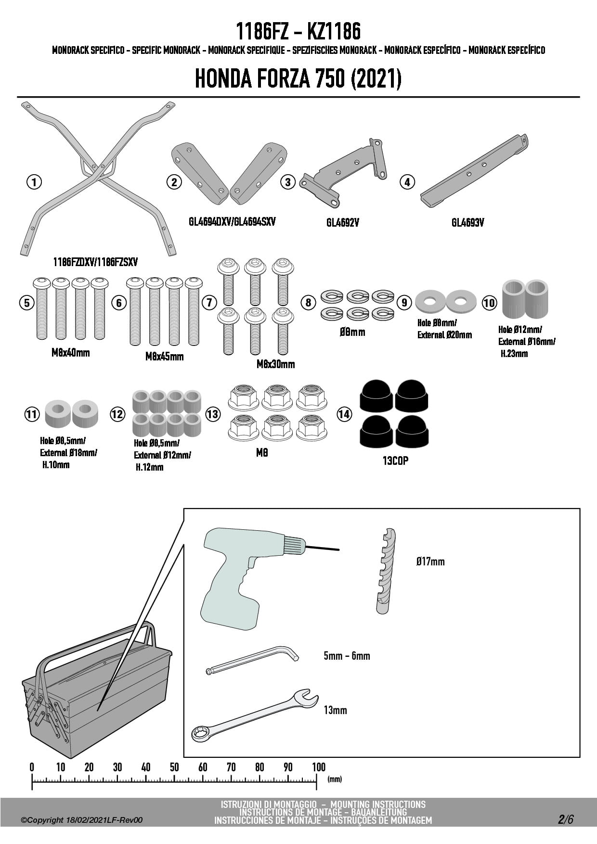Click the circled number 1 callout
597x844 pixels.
(x=34, y=182)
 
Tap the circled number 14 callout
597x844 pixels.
(x=344, y=414)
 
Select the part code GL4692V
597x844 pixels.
(x=342, y=222)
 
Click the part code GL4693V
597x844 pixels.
(x=467, y=222)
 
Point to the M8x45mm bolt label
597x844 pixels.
(x=164, y=357)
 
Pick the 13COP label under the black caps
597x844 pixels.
(x=395, y=460)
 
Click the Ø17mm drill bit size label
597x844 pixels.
(x=430, y=562)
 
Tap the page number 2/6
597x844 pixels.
(x=566, y=819)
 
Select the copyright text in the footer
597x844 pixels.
(x=82, y=820)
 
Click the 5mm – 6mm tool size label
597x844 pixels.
(x=347, y=656)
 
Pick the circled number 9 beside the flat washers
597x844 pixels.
(x=404, y=302)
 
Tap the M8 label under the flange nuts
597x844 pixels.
(x=262, y=453)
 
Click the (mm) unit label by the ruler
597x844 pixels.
(x=335, y=779)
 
